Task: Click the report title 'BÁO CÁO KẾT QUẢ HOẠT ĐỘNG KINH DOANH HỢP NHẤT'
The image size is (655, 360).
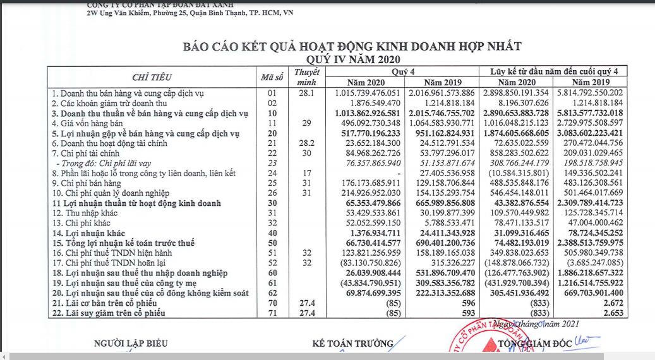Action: point(352,47)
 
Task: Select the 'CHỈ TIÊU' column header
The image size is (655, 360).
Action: point(152,77)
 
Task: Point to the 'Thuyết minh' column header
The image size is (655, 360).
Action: point(306,77)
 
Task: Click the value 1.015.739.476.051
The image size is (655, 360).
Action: point(368,93)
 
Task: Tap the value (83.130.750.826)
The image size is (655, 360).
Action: point(370,263)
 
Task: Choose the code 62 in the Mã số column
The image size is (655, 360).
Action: point(273,293)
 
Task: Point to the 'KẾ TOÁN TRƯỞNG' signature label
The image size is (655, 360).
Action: point(352,344)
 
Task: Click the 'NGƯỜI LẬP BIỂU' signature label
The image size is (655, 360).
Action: point(131,344)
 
